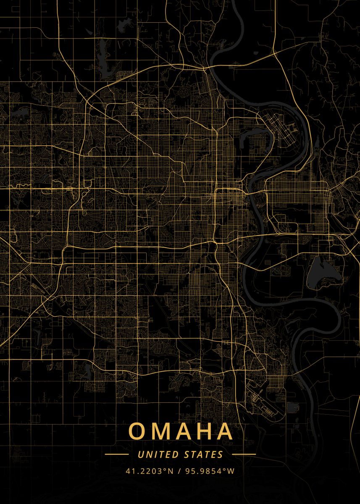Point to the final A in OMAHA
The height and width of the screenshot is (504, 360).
tap(225, 431)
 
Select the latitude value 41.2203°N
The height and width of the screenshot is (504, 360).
tap(149, 471)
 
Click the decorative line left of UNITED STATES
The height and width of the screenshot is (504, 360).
tap(116, 454)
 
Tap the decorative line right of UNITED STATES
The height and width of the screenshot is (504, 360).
tap(244, 454)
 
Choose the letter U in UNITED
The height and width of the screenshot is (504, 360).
tap(140, 454)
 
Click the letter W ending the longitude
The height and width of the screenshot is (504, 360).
tap(231, 471)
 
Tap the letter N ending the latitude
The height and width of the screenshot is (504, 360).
tap(171, 471)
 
